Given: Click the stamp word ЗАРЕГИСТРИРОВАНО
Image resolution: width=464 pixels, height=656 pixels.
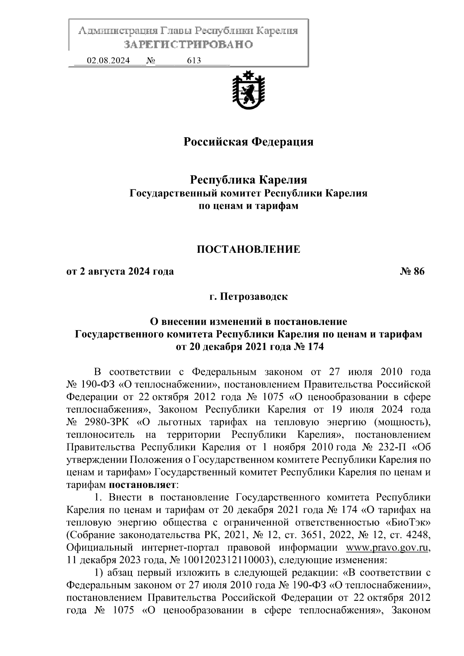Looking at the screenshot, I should coord(188,44).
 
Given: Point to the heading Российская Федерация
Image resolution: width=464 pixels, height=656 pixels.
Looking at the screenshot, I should coord(248,142).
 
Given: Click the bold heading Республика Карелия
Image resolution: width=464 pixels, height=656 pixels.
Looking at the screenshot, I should coord(248,180).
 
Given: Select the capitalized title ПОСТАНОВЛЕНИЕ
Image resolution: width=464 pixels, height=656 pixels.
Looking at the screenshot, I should coord(248,249).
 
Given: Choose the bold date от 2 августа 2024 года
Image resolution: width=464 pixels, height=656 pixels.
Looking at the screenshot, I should coord(120,271).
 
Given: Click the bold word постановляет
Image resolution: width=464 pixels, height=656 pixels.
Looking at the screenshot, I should coord(143,485).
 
